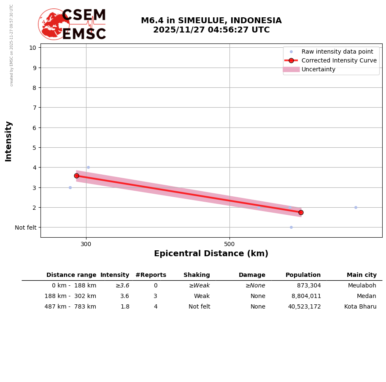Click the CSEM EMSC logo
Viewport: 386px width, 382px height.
(x=73, y=24)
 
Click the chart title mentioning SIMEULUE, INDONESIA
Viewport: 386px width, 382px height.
(x=211, y=25)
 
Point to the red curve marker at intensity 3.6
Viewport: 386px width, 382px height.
(x=76, y=176)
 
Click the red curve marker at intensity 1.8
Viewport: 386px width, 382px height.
(x=301, y=212)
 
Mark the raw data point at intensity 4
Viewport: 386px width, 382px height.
(x=88, y=167)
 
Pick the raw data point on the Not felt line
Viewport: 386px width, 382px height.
(x=291, y=227)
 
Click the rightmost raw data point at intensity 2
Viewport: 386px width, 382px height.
(x=356, y=207)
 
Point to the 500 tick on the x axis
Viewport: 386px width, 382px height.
(x=229, y=244)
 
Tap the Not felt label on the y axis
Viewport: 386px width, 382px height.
(x=26, y=228)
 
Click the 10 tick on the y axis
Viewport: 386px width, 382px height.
(x=32, y=47)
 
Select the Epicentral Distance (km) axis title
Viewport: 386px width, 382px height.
(x=211, y=254)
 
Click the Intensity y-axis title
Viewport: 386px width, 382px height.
(x=8, y=141)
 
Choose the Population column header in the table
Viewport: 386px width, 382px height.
(x=303, y=275)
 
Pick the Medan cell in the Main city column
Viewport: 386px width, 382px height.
(x=367, y=296)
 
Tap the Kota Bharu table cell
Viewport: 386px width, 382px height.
(x=360, y=307)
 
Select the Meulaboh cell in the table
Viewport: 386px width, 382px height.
(x=362, y=286)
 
